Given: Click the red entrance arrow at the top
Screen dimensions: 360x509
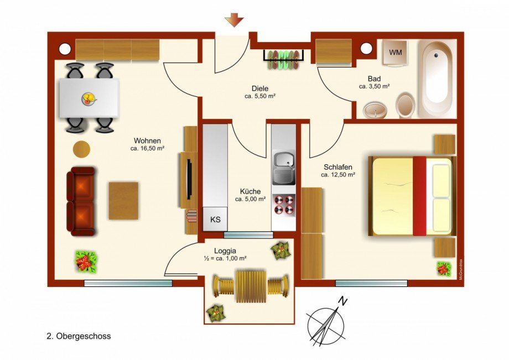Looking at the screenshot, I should click(x=234, y=21).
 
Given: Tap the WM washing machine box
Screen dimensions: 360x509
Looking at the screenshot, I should click(x=395, y=53).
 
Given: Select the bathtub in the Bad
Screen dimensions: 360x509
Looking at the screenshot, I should click(x=437, y=77).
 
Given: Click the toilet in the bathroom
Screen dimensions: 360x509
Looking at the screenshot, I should click(x=406, y=105).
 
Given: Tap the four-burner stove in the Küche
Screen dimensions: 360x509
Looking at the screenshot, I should click(x=284, y=205).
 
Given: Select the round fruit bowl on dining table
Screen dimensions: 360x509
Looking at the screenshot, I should click(x=89, y=99).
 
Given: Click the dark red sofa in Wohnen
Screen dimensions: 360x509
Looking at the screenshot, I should click(x=81, y=201).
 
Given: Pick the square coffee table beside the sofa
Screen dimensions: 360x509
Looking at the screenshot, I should click(x=123, y=200).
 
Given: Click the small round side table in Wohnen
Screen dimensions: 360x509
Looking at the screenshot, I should click(x=81, y=149).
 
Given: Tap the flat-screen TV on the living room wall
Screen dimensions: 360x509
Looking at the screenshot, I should click(x=189, y=179).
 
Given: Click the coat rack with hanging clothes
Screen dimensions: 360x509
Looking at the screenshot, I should click(x=283, y=59).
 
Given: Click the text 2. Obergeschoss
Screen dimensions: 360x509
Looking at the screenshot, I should click(x=79, y=336).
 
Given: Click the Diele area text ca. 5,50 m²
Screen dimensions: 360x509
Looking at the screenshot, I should click(x=260, y=96).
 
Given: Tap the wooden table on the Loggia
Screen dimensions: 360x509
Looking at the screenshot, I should click(x=251, y=286).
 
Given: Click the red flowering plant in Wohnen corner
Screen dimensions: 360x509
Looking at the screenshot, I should click(x=86, y=260).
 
